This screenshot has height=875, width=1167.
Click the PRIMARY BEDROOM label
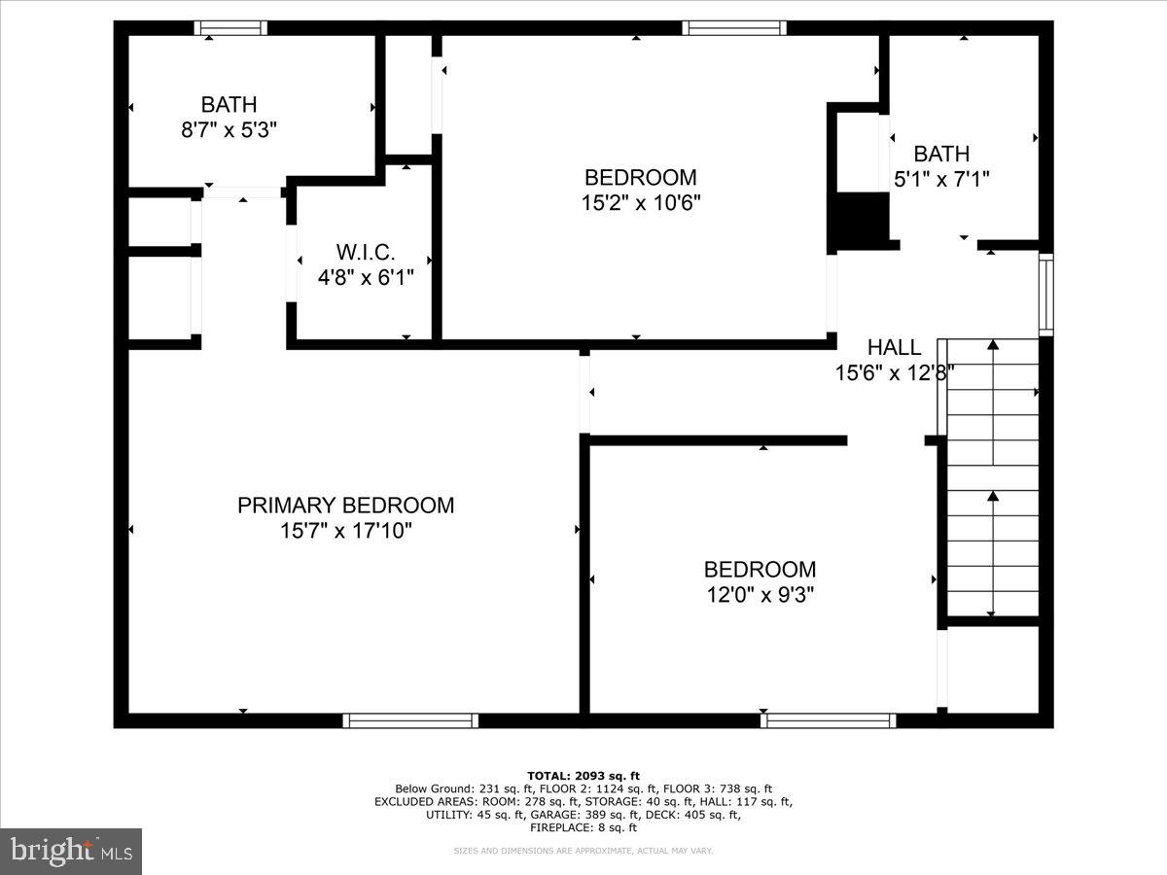point(345,506)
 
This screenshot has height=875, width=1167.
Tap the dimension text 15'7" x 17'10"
point(345,532)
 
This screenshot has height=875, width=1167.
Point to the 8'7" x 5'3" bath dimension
point(230,129)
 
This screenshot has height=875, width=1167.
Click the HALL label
point(894,347)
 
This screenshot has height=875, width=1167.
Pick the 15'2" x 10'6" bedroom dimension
point(640,203)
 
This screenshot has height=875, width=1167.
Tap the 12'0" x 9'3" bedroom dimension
point(760,595)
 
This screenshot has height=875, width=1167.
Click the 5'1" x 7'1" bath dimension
point(941,179)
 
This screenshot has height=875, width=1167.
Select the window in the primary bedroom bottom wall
point(409,720)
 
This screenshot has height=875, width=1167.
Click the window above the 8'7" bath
point(230,28)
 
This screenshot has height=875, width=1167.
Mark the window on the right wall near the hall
point(1045,294)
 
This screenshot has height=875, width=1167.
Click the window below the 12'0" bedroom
point(828,720)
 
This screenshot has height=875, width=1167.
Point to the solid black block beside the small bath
point(859,220)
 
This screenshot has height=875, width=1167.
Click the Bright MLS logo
point(71,852)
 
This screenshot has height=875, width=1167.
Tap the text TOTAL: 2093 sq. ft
point(583,775)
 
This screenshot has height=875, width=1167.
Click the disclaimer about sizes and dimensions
point(583,851)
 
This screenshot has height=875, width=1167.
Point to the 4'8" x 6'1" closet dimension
point(366,277)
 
